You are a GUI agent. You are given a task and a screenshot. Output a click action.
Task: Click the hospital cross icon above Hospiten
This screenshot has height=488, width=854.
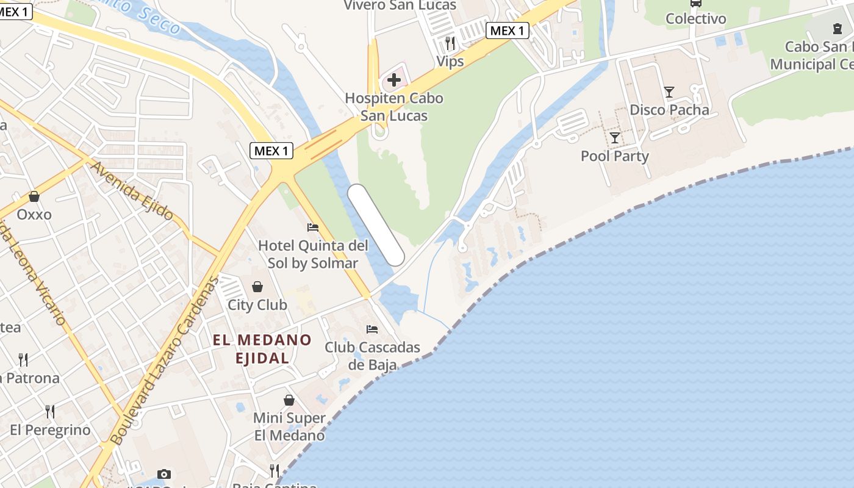(x=394, y=79)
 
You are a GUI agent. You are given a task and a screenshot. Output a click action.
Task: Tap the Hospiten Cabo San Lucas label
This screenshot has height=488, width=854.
(x=394, y=107)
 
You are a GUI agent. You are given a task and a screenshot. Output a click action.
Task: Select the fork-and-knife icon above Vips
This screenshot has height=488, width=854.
(x=450, y=43)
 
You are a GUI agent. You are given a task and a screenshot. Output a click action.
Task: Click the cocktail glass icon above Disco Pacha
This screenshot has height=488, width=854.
(x=669, y=92)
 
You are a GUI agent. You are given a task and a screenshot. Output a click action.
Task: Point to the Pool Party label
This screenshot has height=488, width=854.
(x=614, y=156)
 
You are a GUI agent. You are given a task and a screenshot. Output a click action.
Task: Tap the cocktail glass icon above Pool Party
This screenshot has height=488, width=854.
(x=614, y=137)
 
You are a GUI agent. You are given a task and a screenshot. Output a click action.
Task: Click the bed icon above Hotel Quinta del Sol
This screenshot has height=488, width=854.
(x=313, y=228)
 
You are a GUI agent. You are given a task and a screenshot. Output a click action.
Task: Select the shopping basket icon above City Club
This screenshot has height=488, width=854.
(x=257, y=287)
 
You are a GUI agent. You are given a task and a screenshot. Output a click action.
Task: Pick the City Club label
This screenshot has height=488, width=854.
(x=257, y=304)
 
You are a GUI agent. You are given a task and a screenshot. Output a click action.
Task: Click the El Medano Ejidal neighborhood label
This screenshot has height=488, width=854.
(x=262, y=349)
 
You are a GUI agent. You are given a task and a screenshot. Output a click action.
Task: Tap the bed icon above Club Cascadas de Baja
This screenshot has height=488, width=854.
(x=372, y=329)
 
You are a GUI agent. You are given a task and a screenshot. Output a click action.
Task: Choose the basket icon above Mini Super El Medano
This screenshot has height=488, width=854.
(x=289, y=400)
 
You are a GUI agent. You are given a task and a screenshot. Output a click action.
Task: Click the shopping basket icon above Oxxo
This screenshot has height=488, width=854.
(x=34, y=196)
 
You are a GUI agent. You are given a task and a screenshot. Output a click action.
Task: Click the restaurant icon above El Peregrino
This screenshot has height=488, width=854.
(x=50, y=412)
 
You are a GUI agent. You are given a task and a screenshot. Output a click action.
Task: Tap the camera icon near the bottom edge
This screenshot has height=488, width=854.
(x=163, y=474)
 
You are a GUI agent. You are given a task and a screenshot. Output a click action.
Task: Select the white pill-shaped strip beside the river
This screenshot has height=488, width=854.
(x=376, y=225)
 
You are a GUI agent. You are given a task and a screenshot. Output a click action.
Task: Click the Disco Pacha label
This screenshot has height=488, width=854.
(x=669, y=110)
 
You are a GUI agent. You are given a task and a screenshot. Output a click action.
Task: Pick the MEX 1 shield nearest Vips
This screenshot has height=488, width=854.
(x=507, y=30)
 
